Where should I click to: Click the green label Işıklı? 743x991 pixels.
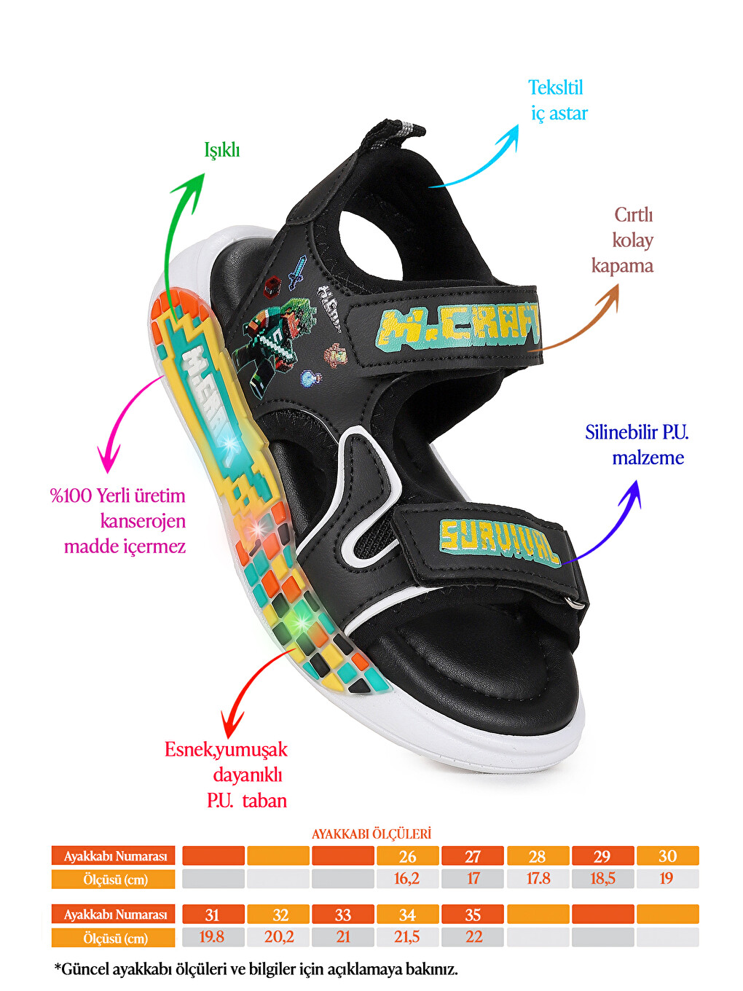[x=221, y=150]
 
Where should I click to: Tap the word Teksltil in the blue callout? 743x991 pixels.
[x=555, y=88]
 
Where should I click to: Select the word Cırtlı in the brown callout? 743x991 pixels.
[x=634, y=216]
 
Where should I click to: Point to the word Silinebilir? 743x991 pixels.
[x=616, y=433]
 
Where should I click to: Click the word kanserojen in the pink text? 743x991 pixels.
[x=143, y=521]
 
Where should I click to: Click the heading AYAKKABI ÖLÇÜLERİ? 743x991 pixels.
[x=371, y=834]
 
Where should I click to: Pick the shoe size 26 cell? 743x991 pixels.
[x=407, y=856]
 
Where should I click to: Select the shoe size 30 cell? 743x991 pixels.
[x=668, y=856]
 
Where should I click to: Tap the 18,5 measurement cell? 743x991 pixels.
[x=602, y=879]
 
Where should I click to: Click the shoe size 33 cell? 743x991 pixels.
[x=343, y=914]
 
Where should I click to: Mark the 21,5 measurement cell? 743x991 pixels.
[x=407, y=937]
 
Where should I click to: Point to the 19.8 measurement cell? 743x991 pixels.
[x=213, y=937]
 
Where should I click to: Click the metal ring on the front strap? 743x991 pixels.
[x=575, y=603]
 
